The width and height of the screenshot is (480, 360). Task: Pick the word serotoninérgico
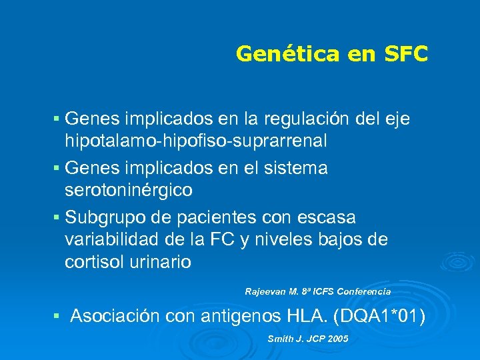(x=129, y=190)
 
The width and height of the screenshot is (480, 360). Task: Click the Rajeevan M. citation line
(x=317, y=291)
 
